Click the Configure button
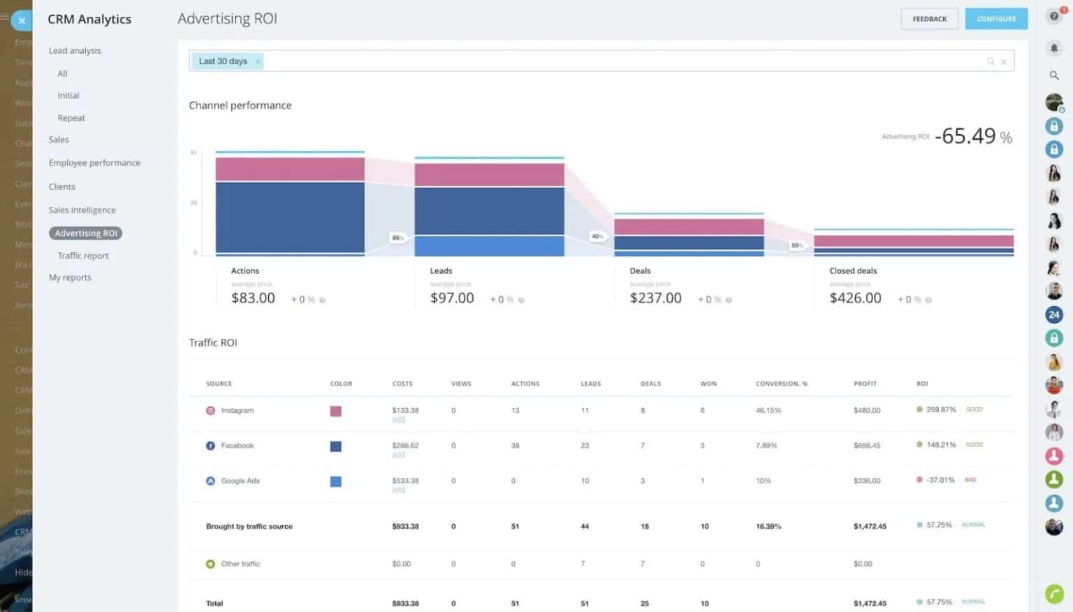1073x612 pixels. pos(996,19)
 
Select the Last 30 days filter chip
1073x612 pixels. pos(223,61)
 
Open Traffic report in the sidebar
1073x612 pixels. pos(83,256)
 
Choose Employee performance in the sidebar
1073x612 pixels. pos(94,163)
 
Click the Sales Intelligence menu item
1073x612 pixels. pos(82,210)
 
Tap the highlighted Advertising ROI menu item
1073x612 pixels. pos(86,233)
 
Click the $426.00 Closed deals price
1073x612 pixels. pos(855,298)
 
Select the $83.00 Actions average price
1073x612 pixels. pos(253,298)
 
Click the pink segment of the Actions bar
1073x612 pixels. pos(290,169)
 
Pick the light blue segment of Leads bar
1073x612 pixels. pos(489,246)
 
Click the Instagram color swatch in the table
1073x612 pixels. pos(336,411)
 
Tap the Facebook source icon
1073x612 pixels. pos(210,446)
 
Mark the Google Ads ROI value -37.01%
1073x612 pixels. pos(940,480)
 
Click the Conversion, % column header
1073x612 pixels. pos(781,384)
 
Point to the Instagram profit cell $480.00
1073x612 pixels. pos(867,411)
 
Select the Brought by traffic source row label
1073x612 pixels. pos(249,527)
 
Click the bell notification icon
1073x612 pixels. pos(1054,48)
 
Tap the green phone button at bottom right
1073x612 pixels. pos(1054,594)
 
